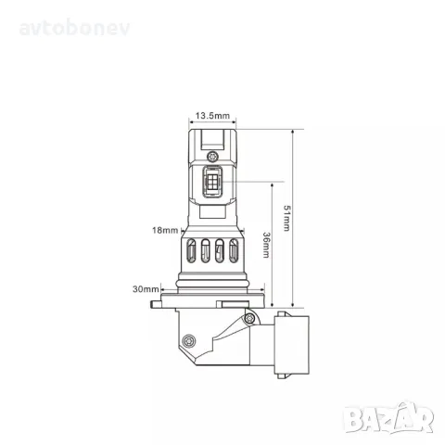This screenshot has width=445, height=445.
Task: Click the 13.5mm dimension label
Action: pyautogui.click(x=211, y=117)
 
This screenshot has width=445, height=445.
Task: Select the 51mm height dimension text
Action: pyautogui.click(x=287, y=220)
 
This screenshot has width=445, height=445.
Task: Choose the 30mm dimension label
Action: pyautogui.click(x=145, y=289)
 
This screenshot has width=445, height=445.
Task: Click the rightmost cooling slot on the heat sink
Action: pyautogui.click(x=233, y=251)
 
